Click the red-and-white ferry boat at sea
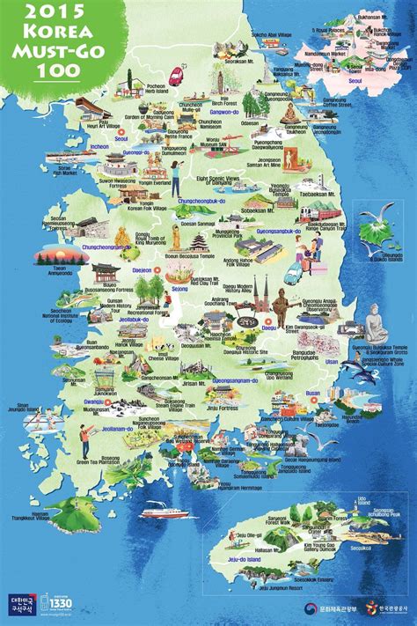165,509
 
